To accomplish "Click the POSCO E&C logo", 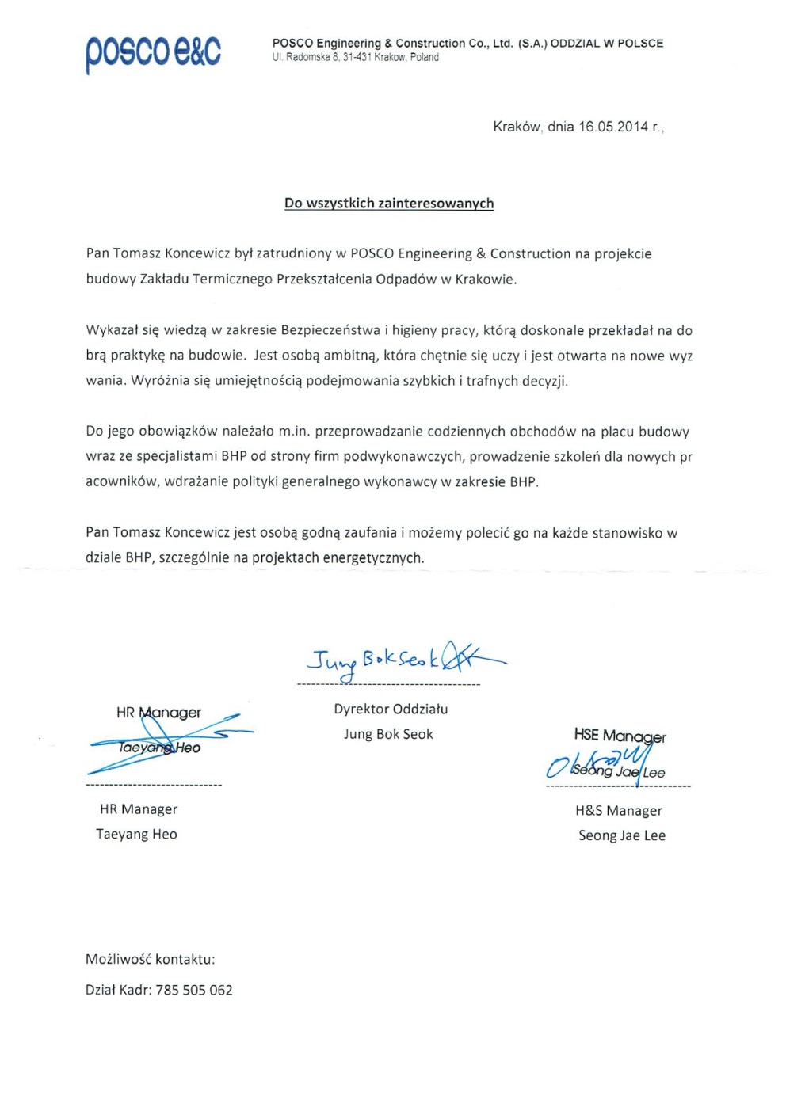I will pyautogui.click(x=153, y=52).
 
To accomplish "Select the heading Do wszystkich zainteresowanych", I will pyautogui.click(x=389, y=204).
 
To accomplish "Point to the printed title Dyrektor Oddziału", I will pyautogui.click(x=391, y=709).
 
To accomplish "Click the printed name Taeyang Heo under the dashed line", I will pyautogui.click(x=136, y=834).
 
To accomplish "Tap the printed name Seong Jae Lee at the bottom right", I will pyautogui.click(x=622, y=835).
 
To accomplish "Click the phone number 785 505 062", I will pyautogui.click(x=194, y=990).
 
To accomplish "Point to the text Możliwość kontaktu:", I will pyautogui.click(x=151, y=959).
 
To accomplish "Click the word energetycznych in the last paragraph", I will pyautogui.click(x=373, y=557).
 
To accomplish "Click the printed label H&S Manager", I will pyautogui.click(x=619, y=810).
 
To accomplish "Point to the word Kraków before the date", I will pyautogui.click(x=517, y=127).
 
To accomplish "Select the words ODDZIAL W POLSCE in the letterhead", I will pyautogui.click(x=607, y=44).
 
